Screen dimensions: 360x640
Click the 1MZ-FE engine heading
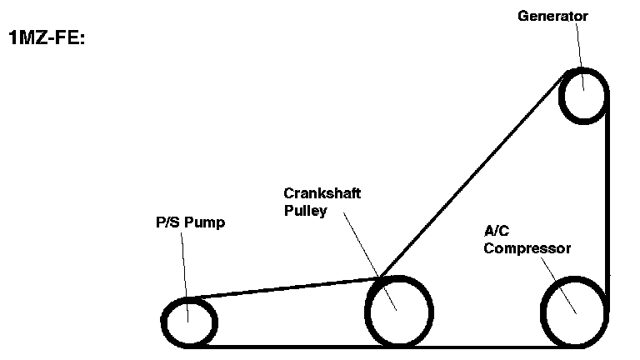tap(46, 38)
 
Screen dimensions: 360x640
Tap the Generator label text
tap(552, 16)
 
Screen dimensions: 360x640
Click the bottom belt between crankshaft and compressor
tap(487, 346)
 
